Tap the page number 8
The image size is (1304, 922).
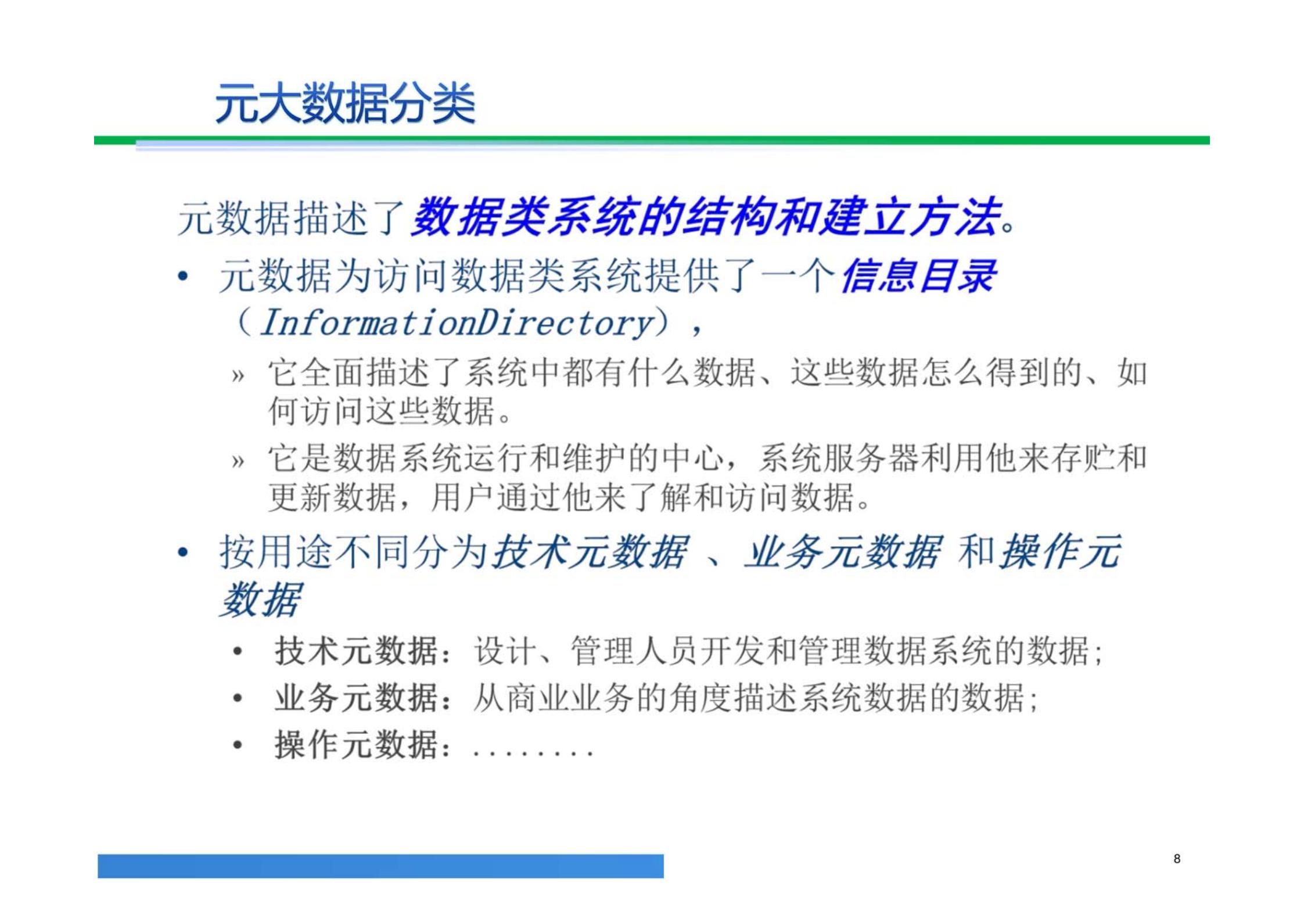click(x=1176, y=859)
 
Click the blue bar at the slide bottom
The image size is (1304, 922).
click(x=380, y=866)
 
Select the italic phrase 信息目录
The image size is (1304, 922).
click(x=918, y=276)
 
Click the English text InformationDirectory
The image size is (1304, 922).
click(x=457, y=323)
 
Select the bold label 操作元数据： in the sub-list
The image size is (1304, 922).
click(x=363, y=745)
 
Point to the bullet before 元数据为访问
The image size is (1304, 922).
click(x=184, y=277)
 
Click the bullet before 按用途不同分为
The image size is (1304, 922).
click(x=184, y=553)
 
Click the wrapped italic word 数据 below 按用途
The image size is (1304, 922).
click(x=260, y=600)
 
